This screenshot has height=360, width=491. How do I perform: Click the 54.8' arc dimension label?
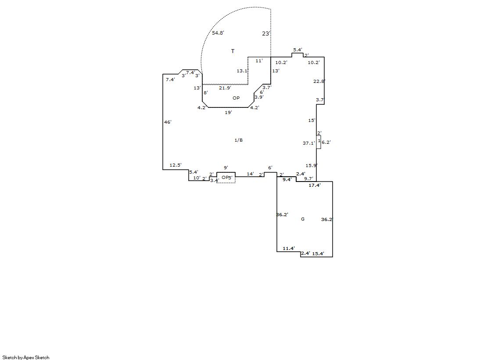point(218,33)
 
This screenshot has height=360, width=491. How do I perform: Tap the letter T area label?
point(233,51)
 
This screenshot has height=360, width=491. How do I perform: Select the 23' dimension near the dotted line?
point(266,33)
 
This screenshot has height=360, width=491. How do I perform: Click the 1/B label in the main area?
point(239,140)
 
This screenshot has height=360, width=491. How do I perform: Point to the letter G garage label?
point(302,219)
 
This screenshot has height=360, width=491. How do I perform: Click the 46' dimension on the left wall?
point(168,122)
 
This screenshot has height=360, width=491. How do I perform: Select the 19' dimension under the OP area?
point(228,112)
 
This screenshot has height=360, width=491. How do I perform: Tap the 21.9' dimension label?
point(225,88)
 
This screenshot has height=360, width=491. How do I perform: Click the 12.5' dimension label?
point(176,165)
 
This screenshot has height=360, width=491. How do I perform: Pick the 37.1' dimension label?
point(308,143)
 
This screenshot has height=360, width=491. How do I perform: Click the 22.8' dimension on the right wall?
point(319,82)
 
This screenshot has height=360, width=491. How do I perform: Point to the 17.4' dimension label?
point(315,185)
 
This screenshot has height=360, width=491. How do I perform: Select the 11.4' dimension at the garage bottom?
point(289,248)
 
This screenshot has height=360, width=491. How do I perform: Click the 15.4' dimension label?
point(318,253)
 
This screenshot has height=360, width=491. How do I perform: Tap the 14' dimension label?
point(250,174)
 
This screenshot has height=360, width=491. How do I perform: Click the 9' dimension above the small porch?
point(226,168)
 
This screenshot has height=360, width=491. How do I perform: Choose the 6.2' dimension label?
point(326,142)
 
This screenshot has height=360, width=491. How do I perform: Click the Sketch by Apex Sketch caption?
point(26,357)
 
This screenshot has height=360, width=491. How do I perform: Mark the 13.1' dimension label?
point(242,71)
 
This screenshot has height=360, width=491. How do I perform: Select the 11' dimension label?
point(259,61)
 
